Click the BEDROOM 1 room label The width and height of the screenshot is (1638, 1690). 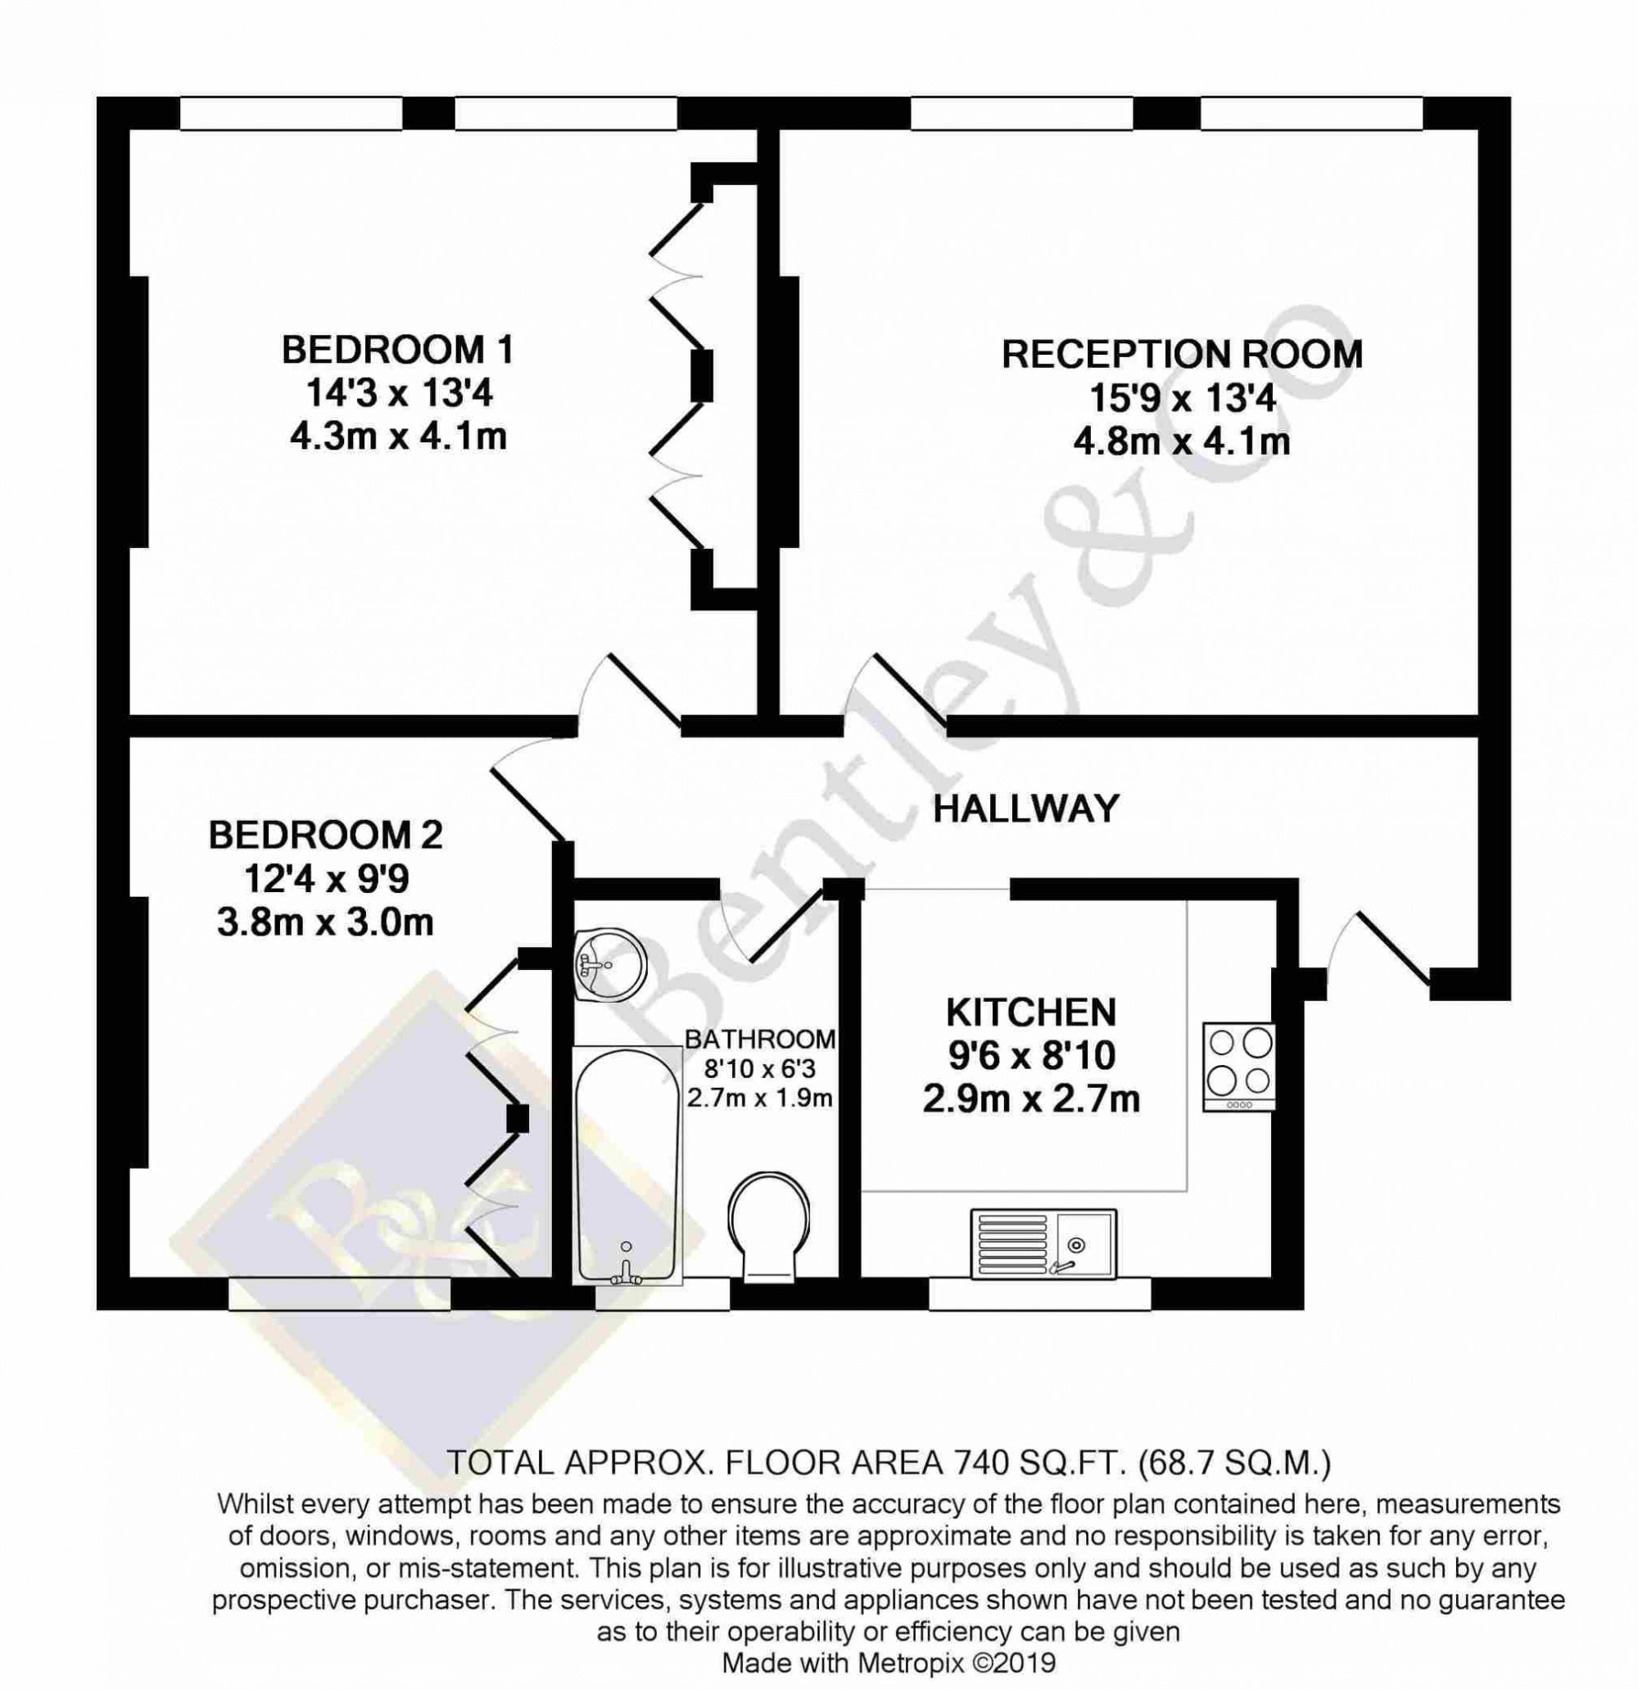[397, 350]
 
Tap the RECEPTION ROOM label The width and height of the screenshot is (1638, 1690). [1182, 355]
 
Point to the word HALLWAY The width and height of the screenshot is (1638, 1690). [1026, 809]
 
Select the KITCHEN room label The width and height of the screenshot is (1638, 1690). [1031, 1013]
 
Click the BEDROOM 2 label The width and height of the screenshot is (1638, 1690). [326, 835]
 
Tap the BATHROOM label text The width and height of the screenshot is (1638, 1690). [760, 1039]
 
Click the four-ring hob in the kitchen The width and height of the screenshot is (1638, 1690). [1239, 1067]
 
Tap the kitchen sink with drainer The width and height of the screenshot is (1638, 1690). [1043, 1244]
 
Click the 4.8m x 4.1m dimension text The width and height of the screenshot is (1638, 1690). [1181, 442]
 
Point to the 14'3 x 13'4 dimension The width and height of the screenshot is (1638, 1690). [398, 394]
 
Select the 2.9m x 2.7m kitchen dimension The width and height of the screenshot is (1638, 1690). [1031, 1099]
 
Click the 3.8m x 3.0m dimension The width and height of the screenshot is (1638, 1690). [325, 922]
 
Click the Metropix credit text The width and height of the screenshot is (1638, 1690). [889, 1662]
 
